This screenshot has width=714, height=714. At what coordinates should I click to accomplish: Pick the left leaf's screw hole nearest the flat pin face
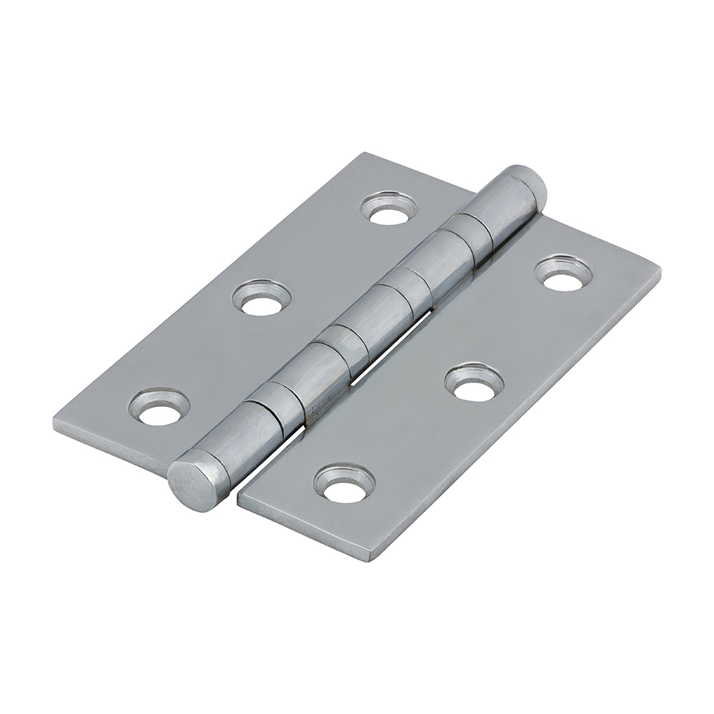pos(159,406)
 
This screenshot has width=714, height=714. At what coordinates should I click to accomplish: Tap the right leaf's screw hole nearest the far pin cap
pos(563,273)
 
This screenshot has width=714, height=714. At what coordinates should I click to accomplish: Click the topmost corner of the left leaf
pos(366,153)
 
